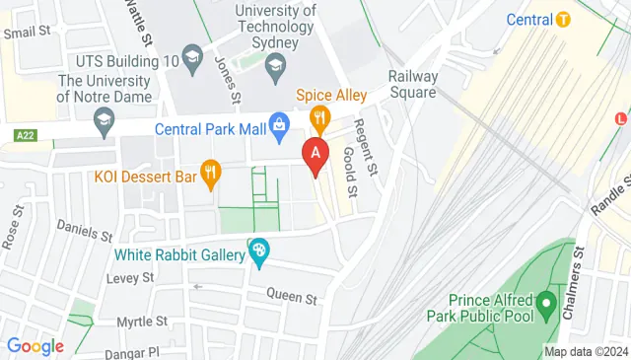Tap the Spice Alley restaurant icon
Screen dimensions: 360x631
[x=319, y=119]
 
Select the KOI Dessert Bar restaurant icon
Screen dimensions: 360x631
[x=210, y=176]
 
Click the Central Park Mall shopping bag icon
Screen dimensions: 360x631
[x=280, y=125]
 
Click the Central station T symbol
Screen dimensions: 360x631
[x=563, y=19]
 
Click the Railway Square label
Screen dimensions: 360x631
[x=412, y=84]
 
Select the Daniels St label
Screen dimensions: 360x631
[x=85, y=234]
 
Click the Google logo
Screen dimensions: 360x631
[x=35, y=345]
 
